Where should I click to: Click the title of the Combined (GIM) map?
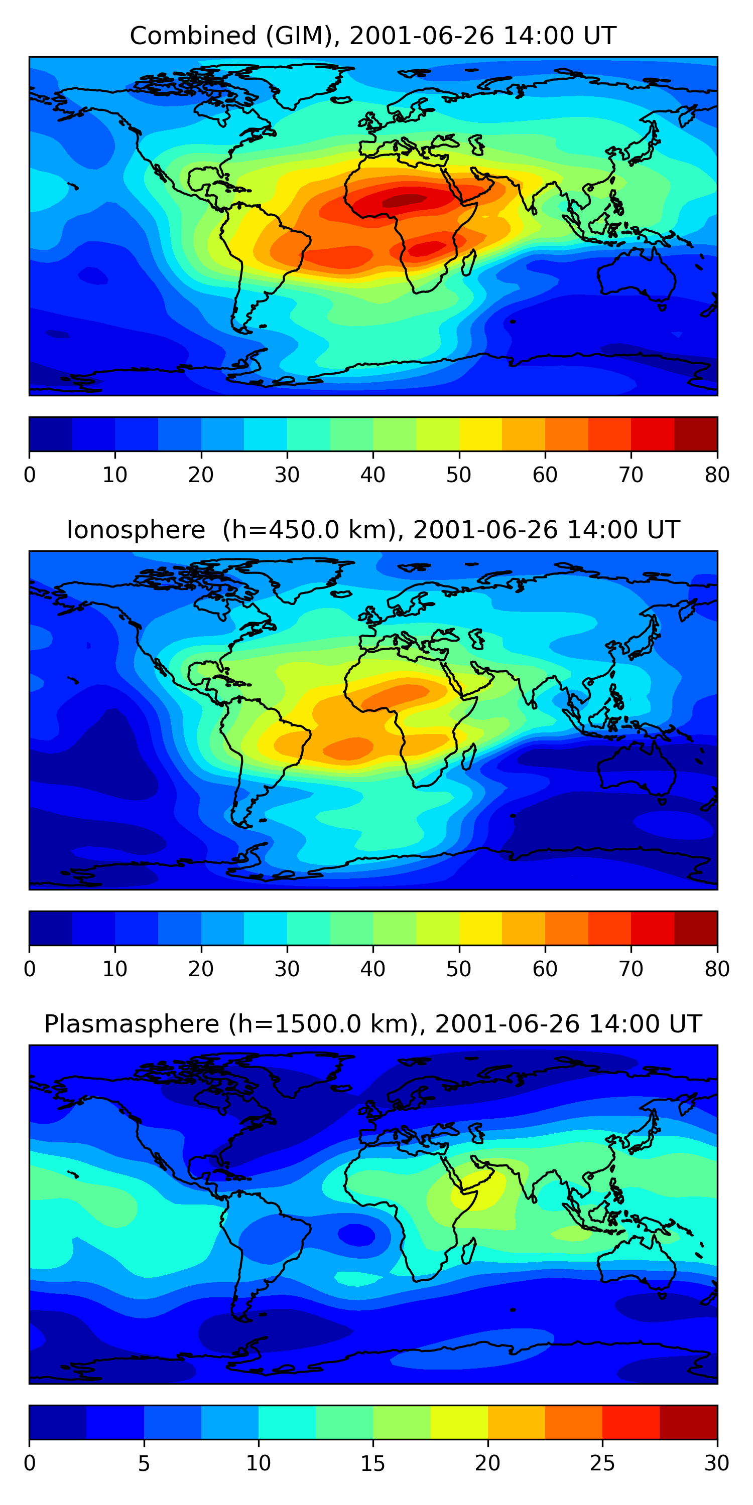tap(372, 36)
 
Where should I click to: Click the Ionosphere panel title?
tap(372, 530)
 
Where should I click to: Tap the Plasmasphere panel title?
tap(372, 1024)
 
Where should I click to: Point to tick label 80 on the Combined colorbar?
tap(717, 475)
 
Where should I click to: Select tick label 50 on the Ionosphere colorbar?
tap(458, 969)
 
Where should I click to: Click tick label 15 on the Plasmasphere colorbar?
tap(372, 1463)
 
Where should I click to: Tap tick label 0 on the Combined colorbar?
tap(30, 475)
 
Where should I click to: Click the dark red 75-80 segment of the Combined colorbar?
tap(696, 433)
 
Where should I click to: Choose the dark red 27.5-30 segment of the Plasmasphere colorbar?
tap(688, 1422)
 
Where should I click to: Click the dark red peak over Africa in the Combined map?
tap(404, 200)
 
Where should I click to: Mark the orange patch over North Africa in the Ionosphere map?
tap(398, 695)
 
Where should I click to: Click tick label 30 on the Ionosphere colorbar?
tap(287, 969)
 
